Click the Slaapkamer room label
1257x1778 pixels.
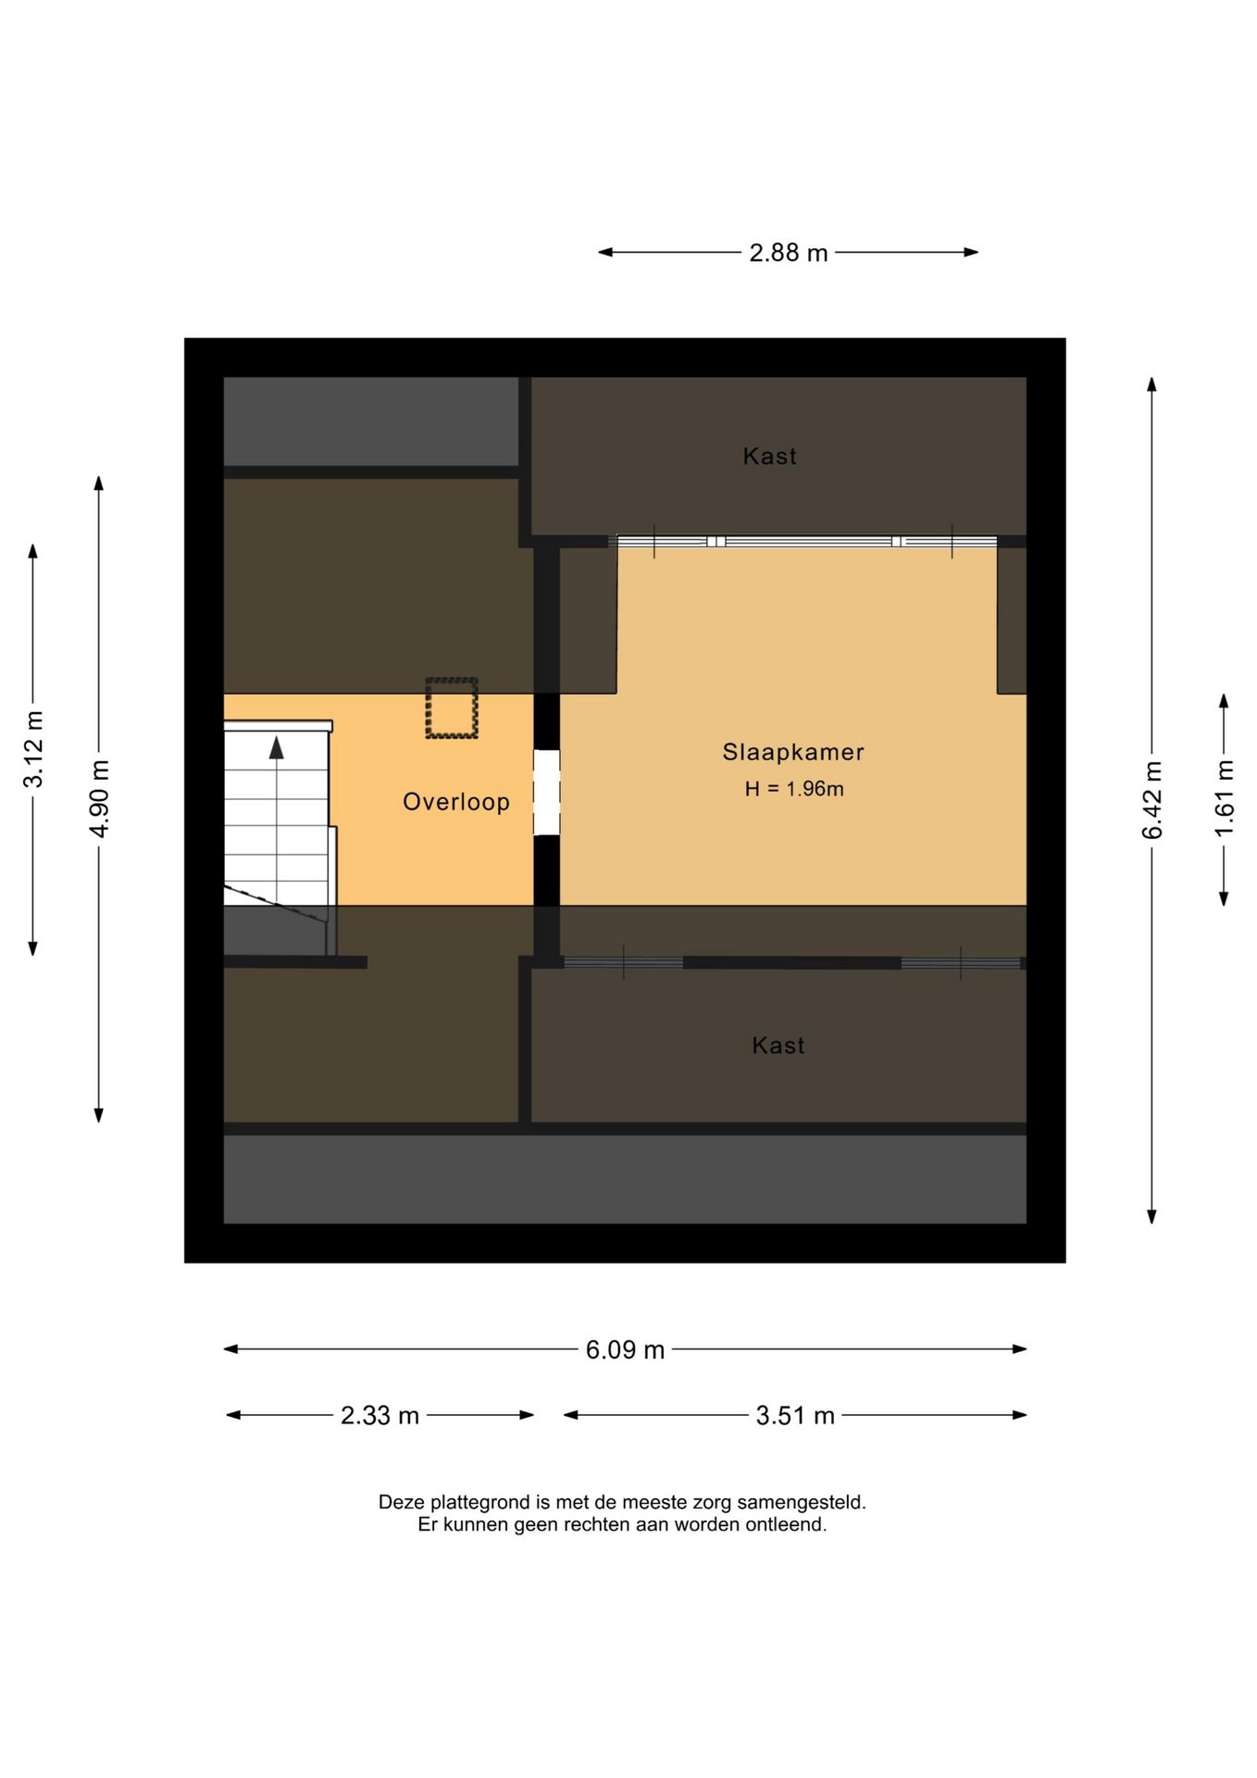point(793,752)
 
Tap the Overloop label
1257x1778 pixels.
point(456,802)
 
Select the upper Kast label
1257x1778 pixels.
point(770,456)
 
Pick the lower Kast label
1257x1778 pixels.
point(778,1046)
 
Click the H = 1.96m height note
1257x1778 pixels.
point(794,789)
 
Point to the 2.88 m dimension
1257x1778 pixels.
point(789,253)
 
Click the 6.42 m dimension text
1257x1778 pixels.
point(1151,800)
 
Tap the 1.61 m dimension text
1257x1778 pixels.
point(1224,798)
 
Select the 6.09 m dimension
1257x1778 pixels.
point(625,1349)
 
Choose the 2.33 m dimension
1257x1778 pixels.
point(380,1415)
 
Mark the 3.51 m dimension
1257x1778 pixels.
point(795,1415)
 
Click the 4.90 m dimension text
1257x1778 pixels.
point(99,798)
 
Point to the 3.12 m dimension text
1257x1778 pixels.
point(33,749)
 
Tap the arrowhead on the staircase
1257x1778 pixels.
point(277,747)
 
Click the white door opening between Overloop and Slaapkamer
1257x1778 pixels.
point(547,793)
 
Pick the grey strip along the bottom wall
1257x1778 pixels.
point(625,1179)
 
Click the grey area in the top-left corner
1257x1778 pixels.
point(371,421)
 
